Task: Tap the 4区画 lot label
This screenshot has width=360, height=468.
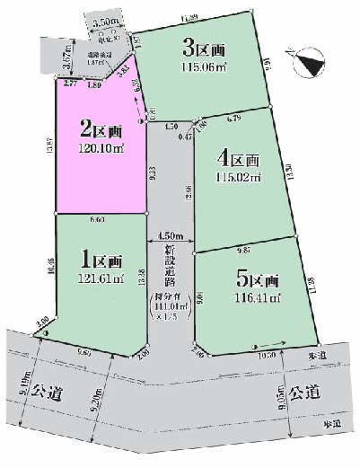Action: pos(239,160)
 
